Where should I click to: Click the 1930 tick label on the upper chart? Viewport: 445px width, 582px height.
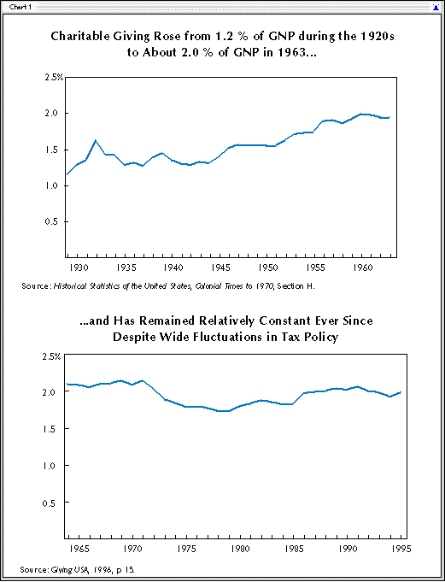79,268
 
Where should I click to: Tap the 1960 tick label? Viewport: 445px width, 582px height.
362,268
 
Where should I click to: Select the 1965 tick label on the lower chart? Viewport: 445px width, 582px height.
79,549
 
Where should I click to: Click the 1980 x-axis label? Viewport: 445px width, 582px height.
240,549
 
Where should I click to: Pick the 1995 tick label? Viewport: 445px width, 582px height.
401,549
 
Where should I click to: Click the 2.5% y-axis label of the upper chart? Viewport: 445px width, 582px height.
55,78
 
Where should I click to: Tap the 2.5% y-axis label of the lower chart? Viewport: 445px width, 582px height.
52,357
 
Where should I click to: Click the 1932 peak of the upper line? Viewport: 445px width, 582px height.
96,140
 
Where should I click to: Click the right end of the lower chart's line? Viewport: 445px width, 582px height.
401,392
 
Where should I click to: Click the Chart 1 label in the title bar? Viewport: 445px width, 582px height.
20,7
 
